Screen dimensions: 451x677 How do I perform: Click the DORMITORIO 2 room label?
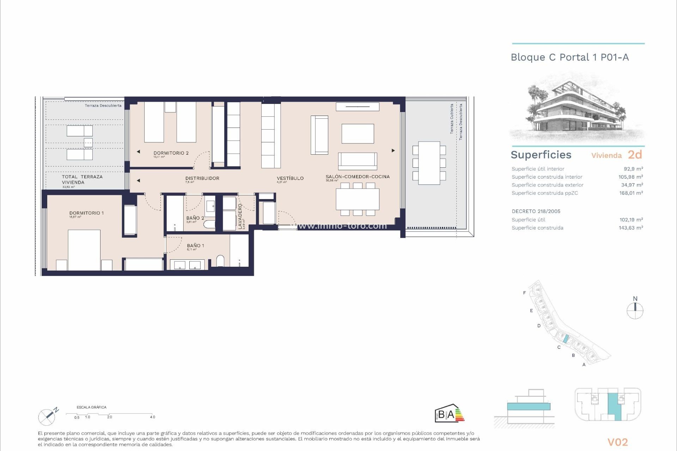point(171,153)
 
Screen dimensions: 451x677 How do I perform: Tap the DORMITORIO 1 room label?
point(86,213)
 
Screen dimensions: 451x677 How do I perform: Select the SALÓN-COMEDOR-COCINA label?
point(358,177)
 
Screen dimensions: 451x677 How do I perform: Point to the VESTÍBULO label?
point(290,178)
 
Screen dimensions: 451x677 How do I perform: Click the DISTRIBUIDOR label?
point(202,178)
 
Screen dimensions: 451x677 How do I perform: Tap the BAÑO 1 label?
point(195,246)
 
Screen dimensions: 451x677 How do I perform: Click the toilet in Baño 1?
point(220,261)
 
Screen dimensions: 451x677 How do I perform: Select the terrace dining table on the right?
point(429,163)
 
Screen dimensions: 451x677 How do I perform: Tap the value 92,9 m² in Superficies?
point(633,169)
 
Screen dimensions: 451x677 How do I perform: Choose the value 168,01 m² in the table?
point(631,193)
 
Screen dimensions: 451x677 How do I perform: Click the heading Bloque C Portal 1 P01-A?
point(569,57)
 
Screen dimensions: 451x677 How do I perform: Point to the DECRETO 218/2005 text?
point(536,211)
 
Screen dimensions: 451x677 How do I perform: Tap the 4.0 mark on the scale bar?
point(152,417)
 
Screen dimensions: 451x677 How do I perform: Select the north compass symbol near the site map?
point(635,309)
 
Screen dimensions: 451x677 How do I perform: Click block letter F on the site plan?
point(524,293)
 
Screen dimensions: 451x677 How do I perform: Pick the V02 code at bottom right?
point(617,442)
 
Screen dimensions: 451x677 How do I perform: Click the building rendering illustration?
point(577,109)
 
